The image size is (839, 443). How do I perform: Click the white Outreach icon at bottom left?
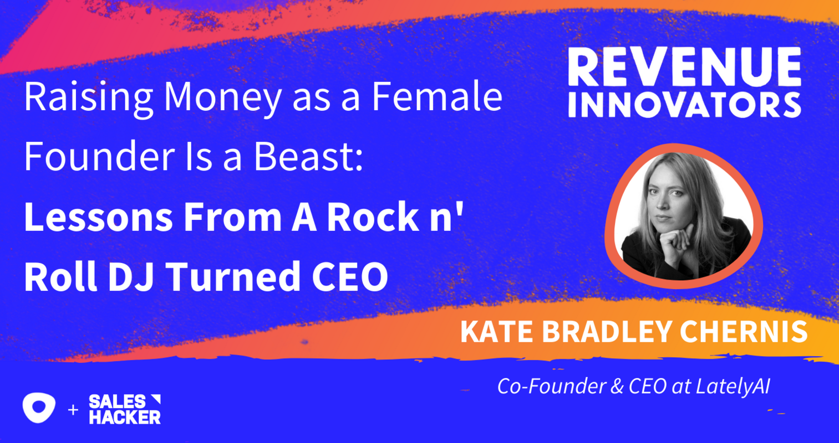[39, 408]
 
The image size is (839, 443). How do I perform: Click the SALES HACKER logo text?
[125, 410]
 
